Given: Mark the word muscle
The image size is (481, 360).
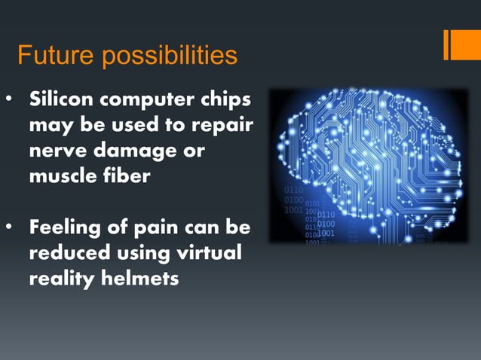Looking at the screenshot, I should pyautogui.click(x=62, y=175).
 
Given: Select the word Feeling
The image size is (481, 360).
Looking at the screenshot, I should pyautogui.click(x=66, y=227).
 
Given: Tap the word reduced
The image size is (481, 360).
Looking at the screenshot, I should pyautogui.click(x=69, y=252).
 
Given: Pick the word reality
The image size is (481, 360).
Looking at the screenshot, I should pyautogui.click(x=60, y=278).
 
